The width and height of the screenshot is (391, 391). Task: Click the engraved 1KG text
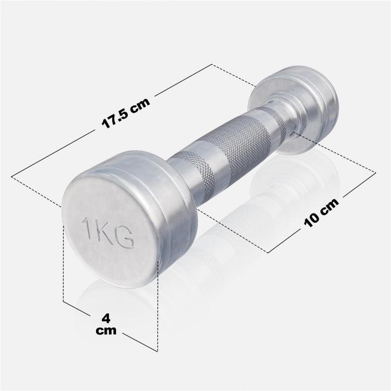(x=108, y=232)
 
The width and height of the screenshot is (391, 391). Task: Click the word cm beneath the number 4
(x=106, y=330)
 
